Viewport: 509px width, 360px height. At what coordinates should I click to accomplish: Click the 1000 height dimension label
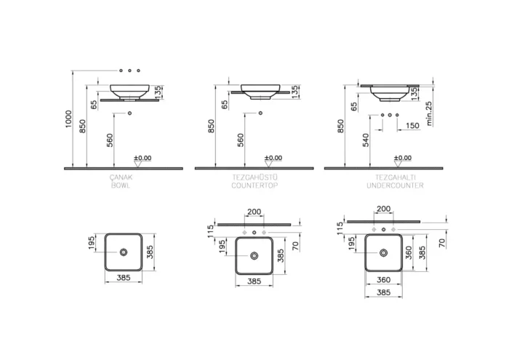click(x=68, y=119)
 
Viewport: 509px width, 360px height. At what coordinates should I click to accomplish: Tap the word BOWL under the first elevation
click(x=121, y=185)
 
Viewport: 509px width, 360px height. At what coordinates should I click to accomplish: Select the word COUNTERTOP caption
click(x=254, y=185)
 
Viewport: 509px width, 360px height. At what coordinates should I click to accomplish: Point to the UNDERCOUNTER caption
click(x=395, y=185)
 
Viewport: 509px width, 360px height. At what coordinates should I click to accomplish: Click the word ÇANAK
click(x=121, y=177)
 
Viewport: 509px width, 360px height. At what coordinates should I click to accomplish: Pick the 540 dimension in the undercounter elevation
click(x=366, y=140)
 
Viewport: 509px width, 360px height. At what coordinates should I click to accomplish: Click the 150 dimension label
click(x=412, y=126)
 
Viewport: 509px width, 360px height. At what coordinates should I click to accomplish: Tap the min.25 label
click(x=429, y=113)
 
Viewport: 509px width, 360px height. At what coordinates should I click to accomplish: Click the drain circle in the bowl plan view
click(x=124, y=252)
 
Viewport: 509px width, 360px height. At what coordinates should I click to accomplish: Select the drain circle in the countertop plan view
click(x=254, y=256)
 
